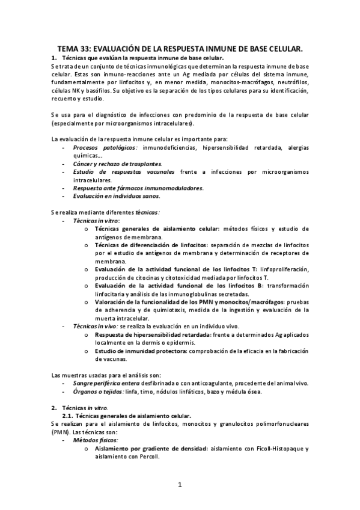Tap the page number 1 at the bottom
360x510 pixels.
point(179,484)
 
